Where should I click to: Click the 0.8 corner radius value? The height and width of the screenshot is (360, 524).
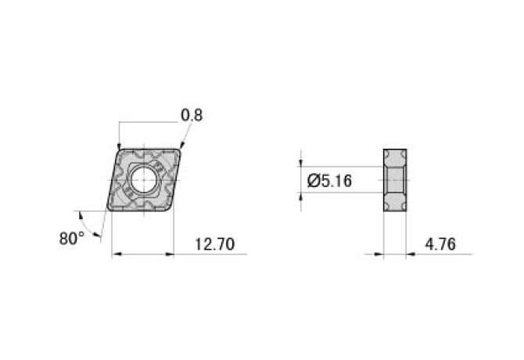coord(192,115)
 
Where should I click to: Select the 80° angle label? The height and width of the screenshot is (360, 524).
coord(72,237)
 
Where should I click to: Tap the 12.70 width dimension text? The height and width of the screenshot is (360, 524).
coord(214,244)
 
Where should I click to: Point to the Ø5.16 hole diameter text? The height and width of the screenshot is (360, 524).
coord(329,182)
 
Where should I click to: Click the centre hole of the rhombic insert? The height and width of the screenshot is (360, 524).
coord(144,179)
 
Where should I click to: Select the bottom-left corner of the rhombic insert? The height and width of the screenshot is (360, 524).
coord(108,209)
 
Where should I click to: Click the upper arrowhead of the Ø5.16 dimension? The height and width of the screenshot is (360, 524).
coord(302,163)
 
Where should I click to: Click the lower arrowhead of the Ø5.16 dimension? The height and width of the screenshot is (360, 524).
coord(302,197)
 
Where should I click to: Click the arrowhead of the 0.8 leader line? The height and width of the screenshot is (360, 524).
coord(181,147)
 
